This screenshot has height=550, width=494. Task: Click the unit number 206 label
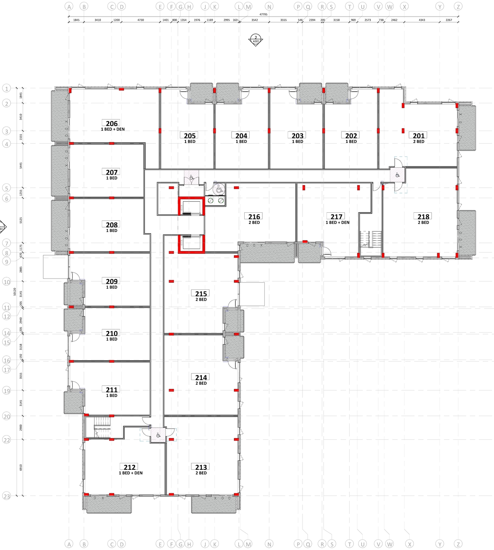pos(112,123)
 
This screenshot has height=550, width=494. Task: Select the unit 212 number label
pos(130,467)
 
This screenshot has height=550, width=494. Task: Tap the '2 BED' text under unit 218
pos(423,222)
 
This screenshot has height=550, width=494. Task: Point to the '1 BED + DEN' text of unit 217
pos(337,222)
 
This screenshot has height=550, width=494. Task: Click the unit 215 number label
pos(201,294)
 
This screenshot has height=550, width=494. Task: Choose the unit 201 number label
pos(419,136)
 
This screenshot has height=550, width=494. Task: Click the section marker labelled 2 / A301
pos(255,40)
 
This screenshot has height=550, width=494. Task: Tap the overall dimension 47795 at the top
pos(263,14)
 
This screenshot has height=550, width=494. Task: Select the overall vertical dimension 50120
pos(15,292)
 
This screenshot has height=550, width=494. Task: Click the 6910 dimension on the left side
pos(21,467)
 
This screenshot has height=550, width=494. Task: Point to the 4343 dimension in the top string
pos(422,20)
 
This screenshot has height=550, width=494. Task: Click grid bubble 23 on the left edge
pos(7,496)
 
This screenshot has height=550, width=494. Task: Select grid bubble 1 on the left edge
pos(7,89)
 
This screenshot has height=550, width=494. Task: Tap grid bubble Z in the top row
pos(458,7)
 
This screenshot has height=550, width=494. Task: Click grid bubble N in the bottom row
pos(269,544)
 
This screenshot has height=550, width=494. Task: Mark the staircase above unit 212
pos(102,427)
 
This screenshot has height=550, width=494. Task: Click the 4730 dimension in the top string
pos(140,20)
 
